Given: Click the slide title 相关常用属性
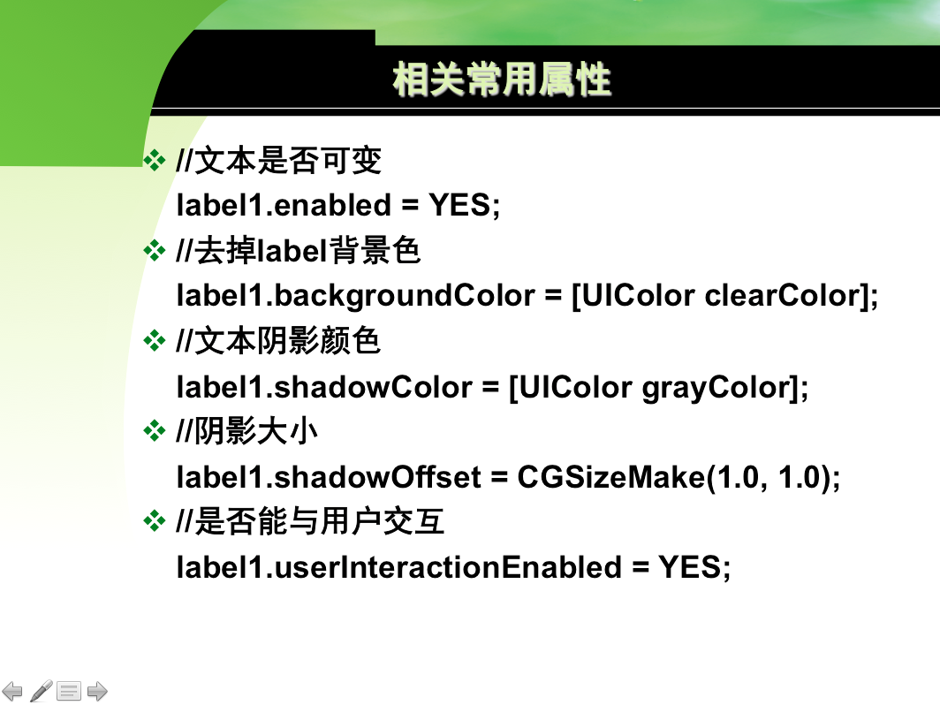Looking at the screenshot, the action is pyautogui.click(x=502, y=80).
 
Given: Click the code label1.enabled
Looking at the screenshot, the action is pyautogui.click(x=284, y=205).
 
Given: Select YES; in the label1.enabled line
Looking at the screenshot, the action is pyautogui.click(x=465, y=205).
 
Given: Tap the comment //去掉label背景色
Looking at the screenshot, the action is pyautogui.click(x=299, y=251).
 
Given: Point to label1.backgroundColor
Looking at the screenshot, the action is pyautogui.click(x=355, y=296).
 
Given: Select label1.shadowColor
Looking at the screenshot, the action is pyautogui.click(x=324, y=387).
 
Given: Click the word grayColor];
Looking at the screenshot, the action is pyautogui.click(x=725, y=388).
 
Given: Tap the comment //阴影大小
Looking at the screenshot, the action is pyautogui.click(x=247, y=431).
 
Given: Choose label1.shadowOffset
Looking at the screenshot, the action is pyautogui.click(x=329, y=477).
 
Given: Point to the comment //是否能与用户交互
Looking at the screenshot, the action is pyautogui.click(x=311, y=521).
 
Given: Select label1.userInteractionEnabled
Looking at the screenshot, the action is pyautogui.click(x=399, y=567).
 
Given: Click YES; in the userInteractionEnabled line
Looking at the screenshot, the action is pyautogui.click(x=694, y=568).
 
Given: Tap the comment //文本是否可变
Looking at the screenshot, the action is pyautogui.click(x=279, y=161).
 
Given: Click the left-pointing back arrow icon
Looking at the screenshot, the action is pyautogui.click(x=12, y=691).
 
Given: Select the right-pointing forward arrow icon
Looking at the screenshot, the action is pyautogui.click(x=97, y=691).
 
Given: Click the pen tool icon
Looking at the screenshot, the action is pyautogui.click(x=41, y=691).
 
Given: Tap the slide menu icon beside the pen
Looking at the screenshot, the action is pyautogui.click(x=69, y=691).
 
